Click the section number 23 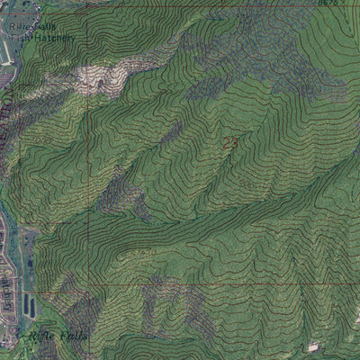click(x=231, y=143)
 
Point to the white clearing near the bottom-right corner click(x=313, y=346)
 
